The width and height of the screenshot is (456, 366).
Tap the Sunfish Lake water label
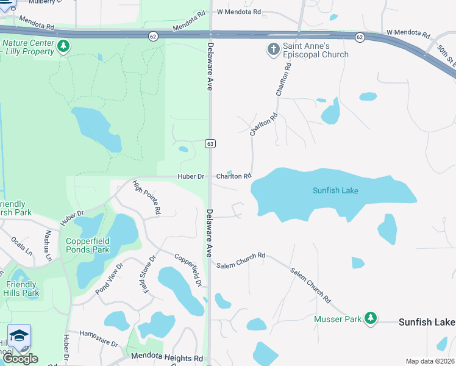(x=335, y=191)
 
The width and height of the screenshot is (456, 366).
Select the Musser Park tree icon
(x=369, y=318)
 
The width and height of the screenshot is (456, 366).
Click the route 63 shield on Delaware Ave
(x=210, y=143)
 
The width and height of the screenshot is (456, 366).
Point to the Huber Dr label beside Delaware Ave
(x=191, y=177)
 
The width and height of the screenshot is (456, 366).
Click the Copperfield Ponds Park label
(x=88, y=245)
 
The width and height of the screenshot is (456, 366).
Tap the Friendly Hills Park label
(x=22, y=289)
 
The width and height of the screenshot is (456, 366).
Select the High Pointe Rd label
(x=147, y=198)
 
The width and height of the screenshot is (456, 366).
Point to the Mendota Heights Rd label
(x=166, y=358)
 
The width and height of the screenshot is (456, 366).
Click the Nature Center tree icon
(x=62, y=46)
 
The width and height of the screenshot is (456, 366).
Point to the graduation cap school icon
(x=19, y=335)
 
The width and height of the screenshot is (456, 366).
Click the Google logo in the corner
(x=20, y=359)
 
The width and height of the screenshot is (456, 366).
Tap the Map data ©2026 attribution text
(x=430, y=361)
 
